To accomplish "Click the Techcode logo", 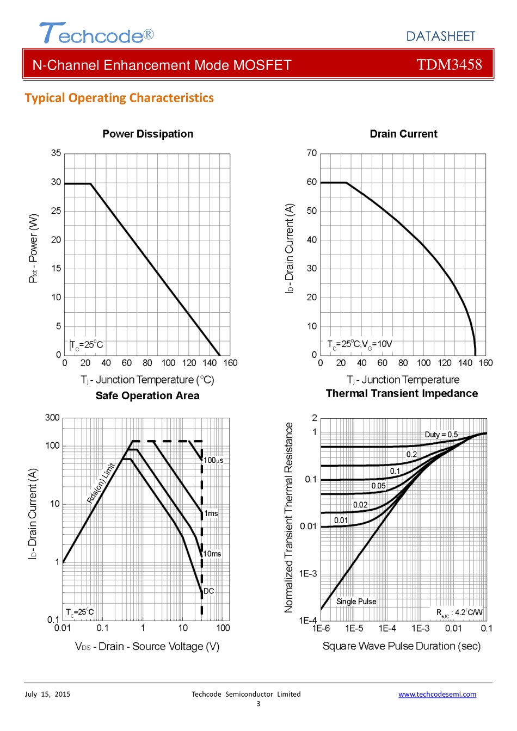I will (x=96, y=34).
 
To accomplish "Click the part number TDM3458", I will (x=449, y=65).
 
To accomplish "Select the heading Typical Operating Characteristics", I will (x=119, y=98).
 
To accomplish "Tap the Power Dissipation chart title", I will (x=147, y=134).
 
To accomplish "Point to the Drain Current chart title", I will (x=403, y=134).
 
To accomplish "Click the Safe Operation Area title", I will (x=147, y=395).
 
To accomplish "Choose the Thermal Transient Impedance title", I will (x=402, y=393).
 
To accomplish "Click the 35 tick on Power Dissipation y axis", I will (x=56, y=153).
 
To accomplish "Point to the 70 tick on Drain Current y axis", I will (x=311, y=153).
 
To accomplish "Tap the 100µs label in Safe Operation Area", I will (x=213, y=461).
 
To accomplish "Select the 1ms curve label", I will (x=211, y=513).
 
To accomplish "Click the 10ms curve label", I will (x=212, y=554).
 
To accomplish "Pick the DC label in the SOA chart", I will (x=209, y=591).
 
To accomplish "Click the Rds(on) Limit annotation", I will (x=101, y=483).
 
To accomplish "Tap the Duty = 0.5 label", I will (x=441, y=435).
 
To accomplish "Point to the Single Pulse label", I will (x=356, y=602).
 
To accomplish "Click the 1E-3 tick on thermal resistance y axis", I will (x=308, y=574).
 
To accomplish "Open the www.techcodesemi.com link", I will (x=437, y=694).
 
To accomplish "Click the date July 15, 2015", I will (x=47, y=694).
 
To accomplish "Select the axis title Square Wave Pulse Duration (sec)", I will (x=402, y=646).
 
